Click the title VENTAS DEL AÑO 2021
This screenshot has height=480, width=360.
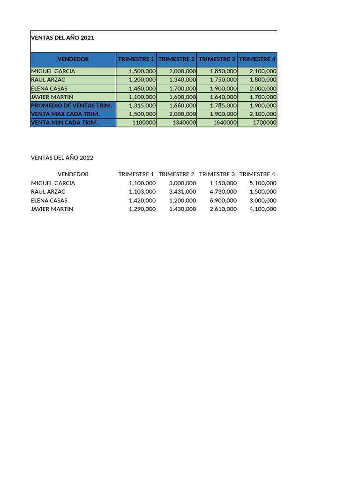point(62,38)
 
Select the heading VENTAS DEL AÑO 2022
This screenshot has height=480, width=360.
point(62,157)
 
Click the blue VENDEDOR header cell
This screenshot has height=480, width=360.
point(73,60)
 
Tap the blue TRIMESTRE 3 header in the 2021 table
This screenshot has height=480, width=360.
point(217,60)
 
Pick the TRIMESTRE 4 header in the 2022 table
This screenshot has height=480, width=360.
point(257,174)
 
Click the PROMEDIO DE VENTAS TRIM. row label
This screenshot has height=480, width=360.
point(72,105)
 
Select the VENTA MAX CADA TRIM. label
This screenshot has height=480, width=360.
point(65,114)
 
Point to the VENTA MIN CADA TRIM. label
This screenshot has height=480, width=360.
point(64,123)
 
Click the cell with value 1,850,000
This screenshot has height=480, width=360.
point(223,71)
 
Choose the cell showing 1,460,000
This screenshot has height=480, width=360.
point(142,89)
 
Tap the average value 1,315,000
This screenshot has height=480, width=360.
point(142,105)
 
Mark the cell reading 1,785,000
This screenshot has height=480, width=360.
point(223,105)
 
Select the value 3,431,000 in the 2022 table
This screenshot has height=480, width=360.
point(182,192)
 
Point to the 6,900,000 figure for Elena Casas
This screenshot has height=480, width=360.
point(223,201)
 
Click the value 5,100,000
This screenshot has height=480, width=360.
point(263,183)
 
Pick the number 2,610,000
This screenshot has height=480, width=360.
point(223,209)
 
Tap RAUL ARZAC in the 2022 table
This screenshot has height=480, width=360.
point(48,192)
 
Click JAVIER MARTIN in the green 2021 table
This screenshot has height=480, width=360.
point(52,97)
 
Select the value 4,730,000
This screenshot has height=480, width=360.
point(223,192)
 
